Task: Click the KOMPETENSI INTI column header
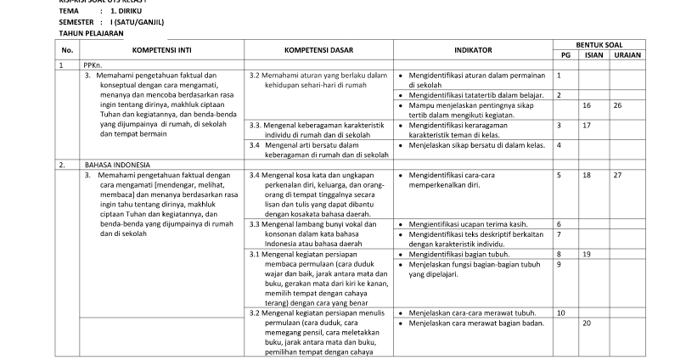161,50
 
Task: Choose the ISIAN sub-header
593,54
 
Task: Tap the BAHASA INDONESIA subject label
116,163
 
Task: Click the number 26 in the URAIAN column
617,105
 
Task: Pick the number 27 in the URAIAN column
617,175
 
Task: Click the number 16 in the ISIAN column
587,105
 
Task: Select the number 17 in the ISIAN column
587,125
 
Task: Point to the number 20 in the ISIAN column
587,323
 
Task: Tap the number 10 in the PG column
561,313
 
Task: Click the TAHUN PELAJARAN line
91,32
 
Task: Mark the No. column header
67,50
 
